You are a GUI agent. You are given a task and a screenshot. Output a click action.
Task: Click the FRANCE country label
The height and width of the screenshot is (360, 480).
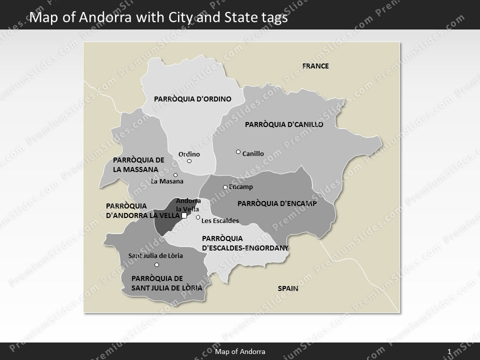[x=315, y=66]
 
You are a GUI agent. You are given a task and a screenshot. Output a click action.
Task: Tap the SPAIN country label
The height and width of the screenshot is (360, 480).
[x=288, y=288]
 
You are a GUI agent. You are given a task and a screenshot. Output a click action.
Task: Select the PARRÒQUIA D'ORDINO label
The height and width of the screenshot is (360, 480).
[x=192, y=99]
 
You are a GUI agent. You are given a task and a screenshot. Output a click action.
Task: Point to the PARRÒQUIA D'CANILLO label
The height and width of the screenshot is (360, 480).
[x=284, y=124]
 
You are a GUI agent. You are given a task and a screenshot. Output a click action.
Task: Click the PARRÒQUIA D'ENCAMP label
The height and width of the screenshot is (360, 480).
[x=277, y=203]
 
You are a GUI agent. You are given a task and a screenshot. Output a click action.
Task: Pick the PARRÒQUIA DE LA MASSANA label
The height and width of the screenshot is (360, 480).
[x=139, y=164]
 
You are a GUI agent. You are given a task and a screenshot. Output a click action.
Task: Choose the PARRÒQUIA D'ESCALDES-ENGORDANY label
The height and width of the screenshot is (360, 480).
[x=245, y=242]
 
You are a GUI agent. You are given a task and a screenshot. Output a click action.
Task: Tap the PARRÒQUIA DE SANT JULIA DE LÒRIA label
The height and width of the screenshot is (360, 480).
[x=166, y=283]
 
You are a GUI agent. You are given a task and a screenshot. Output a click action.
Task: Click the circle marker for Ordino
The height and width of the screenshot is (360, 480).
[x=189, y=161]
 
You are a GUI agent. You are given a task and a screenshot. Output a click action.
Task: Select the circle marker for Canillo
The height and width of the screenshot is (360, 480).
[x=238, y=151]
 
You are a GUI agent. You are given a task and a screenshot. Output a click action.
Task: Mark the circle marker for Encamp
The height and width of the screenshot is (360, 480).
[x=225, y=187]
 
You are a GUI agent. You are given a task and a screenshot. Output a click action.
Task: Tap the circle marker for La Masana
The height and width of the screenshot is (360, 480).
[x=175, y=175]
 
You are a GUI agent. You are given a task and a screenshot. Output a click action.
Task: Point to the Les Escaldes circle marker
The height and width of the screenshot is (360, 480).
[x=198, y=217]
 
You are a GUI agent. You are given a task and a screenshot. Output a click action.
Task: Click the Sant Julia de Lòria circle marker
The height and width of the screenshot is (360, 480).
[x=156, y=265]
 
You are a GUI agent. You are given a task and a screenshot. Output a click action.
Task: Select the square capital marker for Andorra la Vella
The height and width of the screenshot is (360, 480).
[x=184, y=215]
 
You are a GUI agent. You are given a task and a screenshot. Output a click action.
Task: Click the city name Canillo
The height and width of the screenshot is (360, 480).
[x=253, y=154]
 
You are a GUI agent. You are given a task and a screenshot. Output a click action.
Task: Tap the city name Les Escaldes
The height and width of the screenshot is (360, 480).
[x=220, y=220]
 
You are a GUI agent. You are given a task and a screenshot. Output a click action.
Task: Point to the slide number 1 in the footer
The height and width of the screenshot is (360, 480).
[x=449, y=352]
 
